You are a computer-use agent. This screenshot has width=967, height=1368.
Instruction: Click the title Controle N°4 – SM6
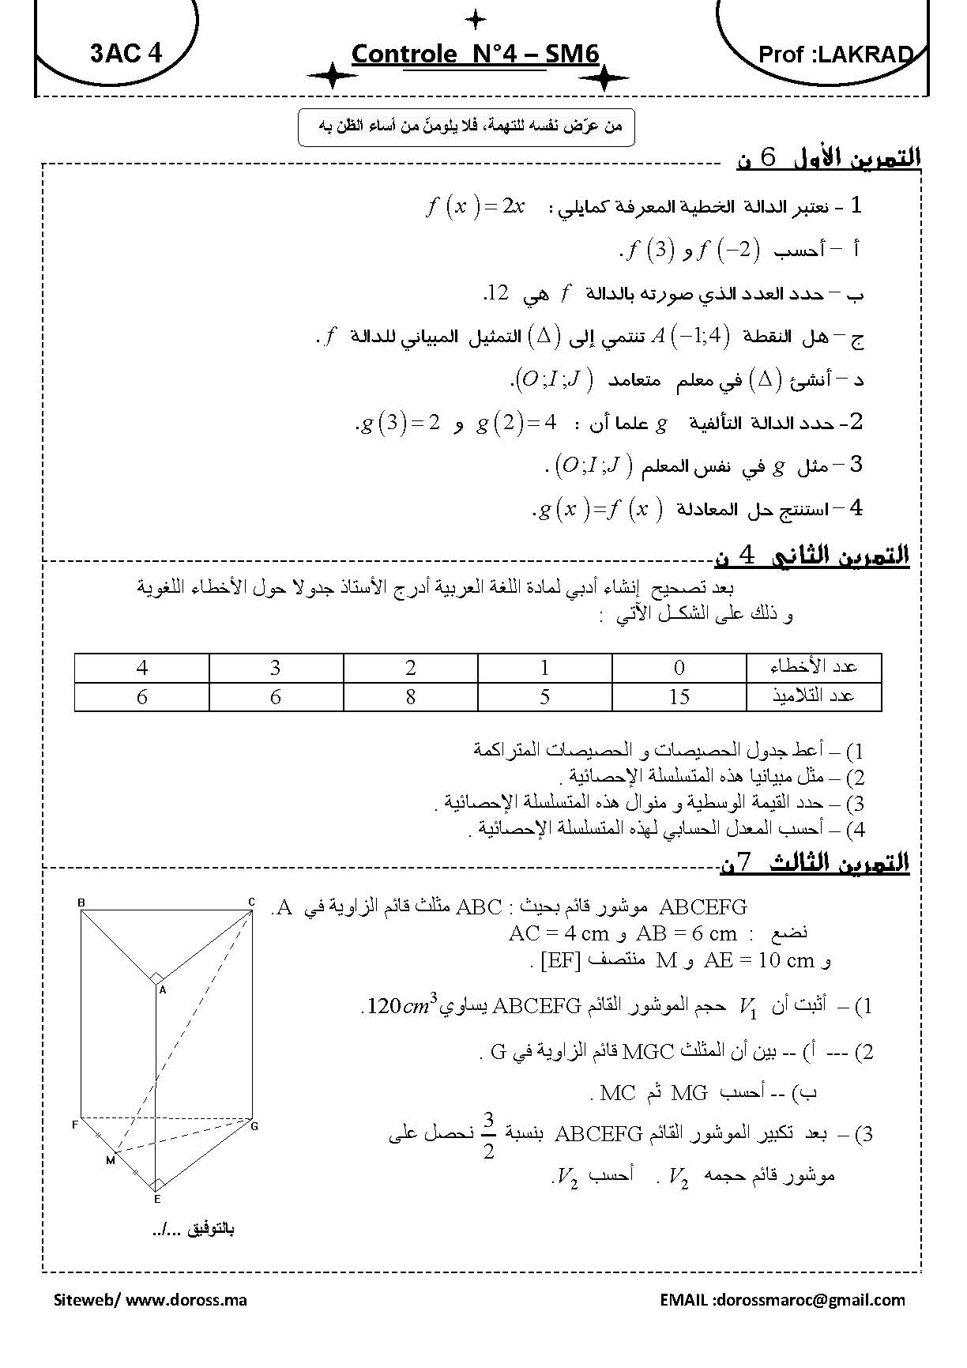(475, 55)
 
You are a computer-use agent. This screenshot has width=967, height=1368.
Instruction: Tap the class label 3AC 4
(126, 54)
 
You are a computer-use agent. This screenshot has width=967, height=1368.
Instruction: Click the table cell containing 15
(679, 696)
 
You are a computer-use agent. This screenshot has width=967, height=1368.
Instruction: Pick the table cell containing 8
(410, 696)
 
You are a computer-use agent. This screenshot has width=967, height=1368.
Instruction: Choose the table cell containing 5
(544, 696)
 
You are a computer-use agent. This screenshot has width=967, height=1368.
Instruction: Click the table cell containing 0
(679, 668)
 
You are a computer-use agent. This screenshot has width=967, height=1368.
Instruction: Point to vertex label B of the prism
(81, 902)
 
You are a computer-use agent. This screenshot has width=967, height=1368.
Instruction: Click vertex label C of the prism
(251, 902)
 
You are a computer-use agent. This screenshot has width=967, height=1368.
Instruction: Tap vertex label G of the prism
(254, 1125)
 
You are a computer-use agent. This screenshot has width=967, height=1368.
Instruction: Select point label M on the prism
(110, 1160)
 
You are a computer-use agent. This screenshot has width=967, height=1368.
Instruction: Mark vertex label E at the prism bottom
(157, 1199)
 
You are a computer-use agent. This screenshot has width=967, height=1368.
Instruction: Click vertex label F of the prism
(76, 1124)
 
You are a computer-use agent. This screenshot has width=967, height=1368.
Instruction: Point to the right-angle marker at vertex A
(156, 978)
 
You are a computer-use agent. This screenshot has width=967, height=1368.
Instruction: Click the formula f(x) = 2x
(475, 207)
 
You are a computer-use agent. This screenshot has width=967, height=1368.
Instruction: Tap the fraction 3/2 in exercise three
(488, 1135)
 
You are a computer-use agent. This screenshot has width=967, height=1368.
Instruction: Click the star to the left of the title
(332, 76)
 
